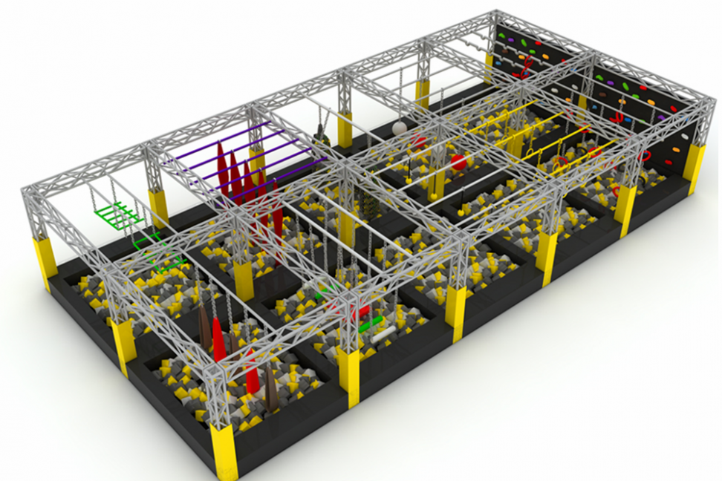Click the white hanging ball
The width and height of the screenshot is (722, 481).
400,128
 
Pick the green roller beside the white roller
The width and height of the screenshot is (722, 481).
371,324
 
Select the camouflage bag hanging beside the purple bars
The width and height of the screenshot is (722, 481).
320,134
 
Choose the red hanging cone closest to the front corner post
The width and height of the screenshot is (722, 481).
253,379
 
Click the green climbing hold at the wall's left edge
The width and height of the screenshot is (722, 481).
501,35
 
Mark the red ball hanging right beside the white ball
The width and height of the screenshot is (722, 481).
419,140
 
